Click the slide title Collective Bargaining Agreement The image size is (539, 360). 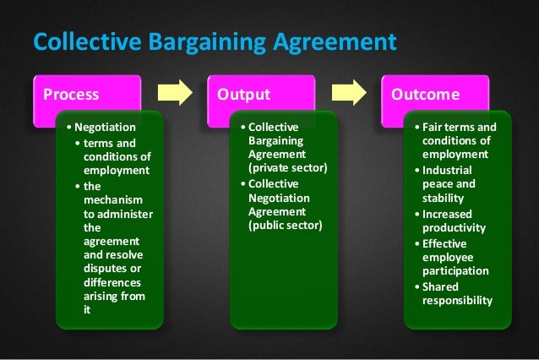[214, 41]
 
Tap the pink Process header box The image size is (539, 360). [84, 93]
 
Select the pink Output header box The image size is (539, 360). [260, 93]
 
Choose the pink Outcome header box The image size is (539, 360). [435, 93]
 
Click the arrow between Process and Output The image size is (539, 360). [176, 93]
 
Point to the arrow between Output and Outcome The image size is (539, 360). [349, 93]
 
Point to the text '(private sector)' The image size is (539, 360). [287, 168]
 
